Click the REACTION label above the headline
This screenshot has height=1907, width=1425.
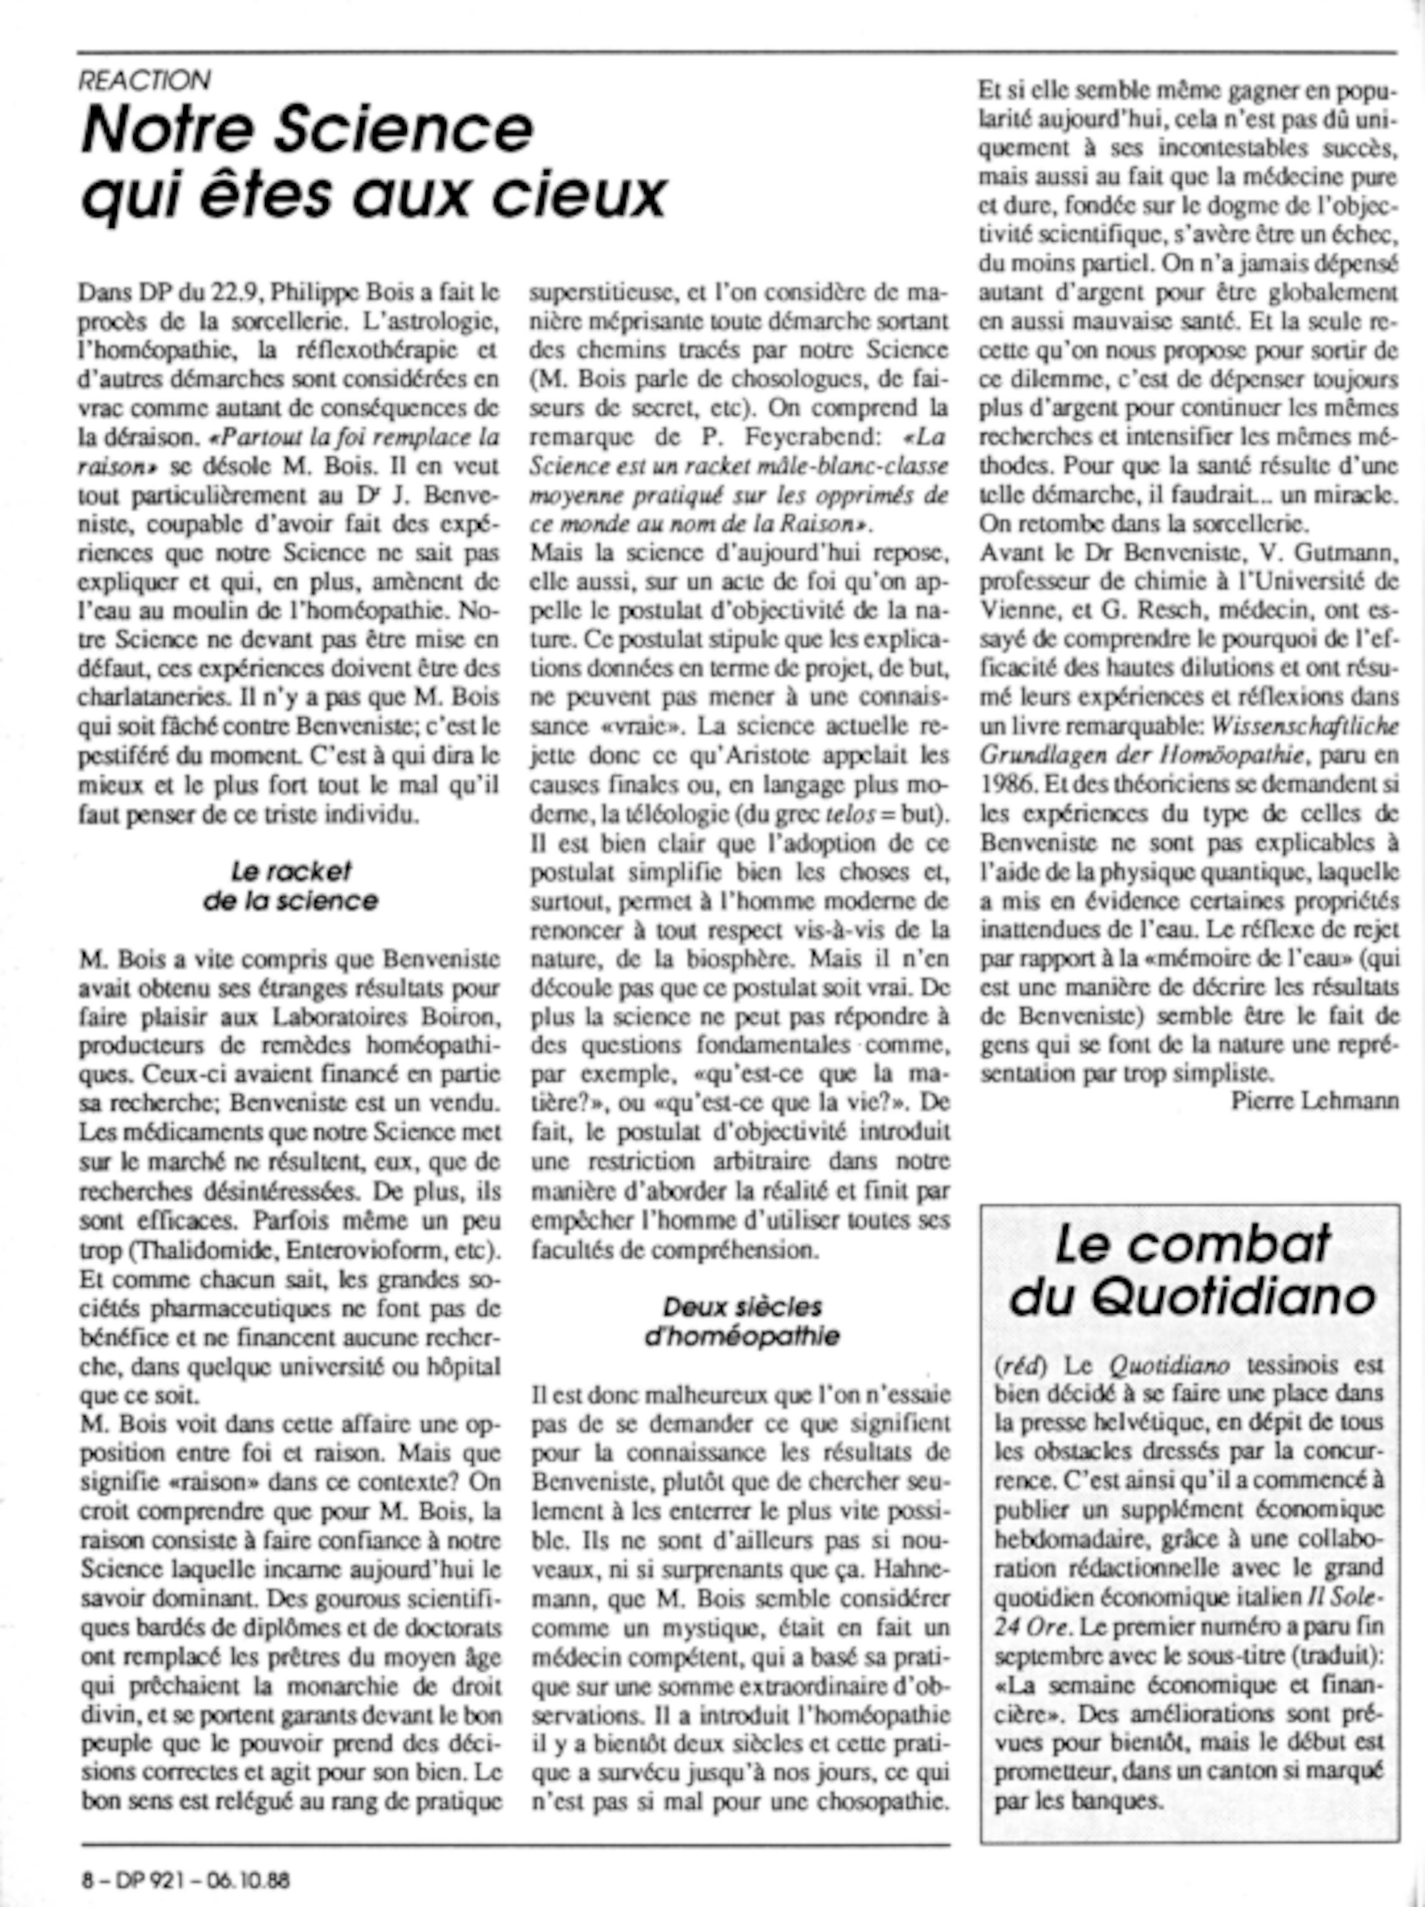[x=144, y=80]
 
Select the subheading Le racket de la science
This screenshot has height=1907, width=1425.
[x=291, y=885]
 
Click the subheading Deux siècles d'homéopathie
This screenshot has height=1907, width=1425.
[x=742, y=1321]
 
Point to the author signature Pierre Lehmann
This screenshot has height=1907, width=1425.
[x=1315, y=1101]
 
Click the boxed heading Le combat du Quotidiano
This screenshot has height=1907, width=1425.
[x=1192, y=1270]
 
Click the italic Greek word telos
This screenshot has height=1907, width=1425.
[x=845, y=814]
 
